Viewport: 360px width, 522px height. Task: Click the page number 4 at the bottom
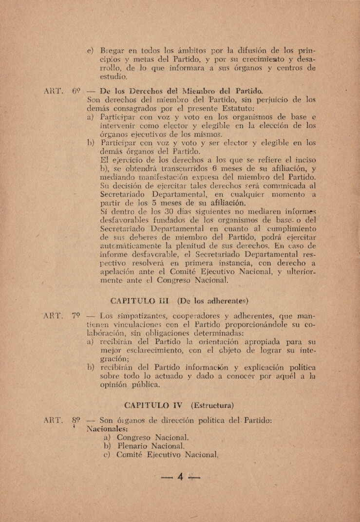coord(180,478)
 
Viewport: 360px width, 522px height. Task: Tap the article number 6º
coord(76,91)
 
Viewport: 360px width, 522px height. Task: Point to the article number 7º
coord(76,315)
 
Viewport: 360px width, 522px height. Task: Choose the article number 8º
coord(76,420)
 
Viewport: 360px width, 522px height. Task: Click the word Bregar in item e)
coord(112,50)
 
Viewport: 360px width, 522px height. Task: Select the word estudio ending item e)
coord(114,76)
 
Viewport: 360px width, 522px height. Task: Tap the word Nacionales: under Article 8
coord(107,429)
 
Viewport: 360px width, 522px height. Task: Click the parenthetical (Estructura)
coord(212,405)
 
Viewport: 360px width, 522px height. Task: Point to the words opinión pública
coord(129,385)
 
